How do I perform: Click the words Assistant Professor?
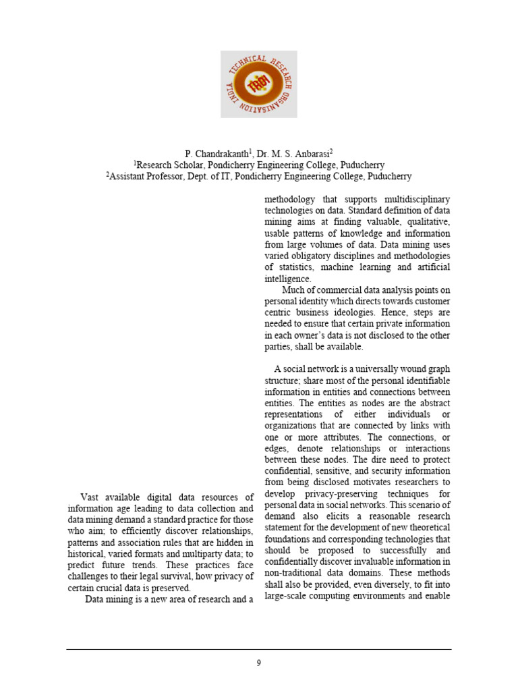click(x=148, y=176)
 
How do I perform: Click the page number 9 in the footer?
click(x=258, y=663)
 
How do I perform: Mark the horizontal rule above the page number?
click(x=258, y=650)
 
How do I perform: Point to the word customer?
click(x=429, y=302)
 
